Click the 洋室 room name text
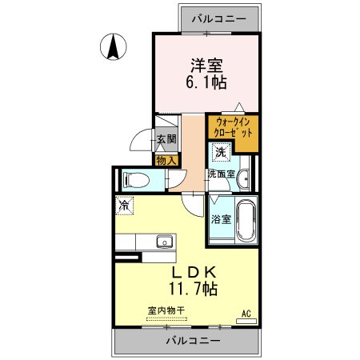click(205, 65)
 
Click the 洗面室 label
click(221, 174)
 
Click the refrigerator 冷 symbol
click(124, 205)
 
